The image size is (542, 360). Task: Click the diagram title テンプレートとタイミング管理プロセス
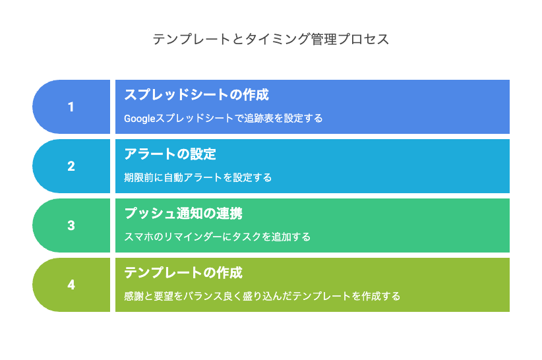271,39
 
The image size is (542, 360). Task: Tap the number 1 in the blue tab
71,107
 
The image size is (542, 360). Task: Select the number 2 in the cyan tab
71,166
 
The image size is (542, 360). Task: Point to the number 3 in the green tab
71,225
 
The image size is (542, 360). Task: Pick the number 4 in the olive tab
71,285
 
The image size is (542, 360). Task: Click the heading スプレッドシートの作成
196,95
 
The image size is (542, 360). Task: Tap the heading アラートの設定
170,154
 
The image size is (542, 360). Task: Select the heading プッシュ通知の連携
183,214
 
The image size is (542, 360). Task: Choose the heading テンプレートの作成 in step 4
183,273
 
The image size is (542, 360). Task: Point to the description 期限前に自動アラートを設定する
198,177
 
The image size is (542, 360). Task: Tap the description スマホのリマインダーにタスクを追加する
217,237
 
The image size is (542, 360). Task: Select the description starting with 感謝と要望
262,297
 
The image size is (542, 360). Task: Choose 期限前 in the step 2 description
138,177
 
